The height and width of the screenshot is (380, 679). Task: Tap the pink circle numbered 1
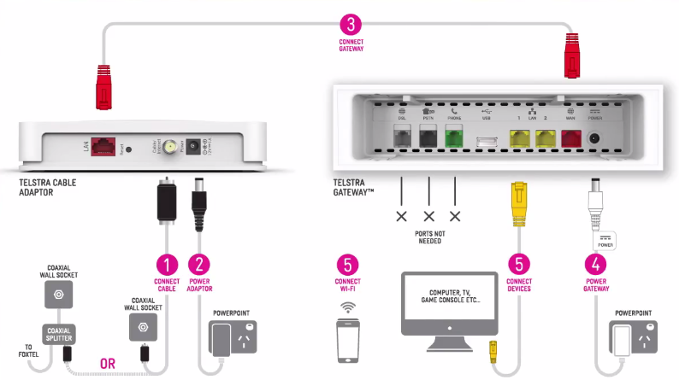tap(166, 264)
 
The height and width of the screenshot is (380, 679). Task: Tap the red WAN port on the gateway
tap(570, 138)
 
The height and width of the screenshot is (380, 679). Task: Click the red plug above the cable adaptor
tap(104, 85)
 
